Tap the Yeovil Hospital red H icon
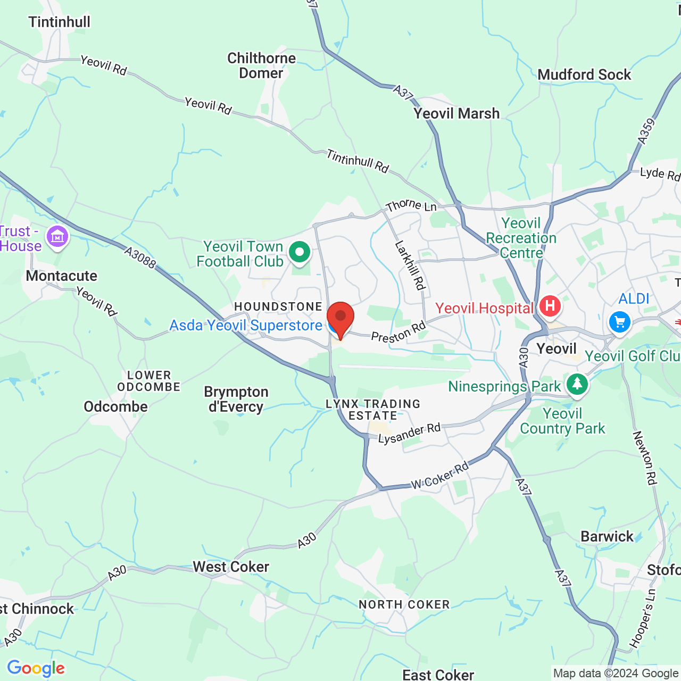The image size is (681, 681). (x=550, y=306)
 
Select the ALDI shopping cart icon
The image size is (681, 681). (x=619, y=321)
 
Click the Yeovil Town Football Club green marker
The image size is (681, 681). (x=299, y=252)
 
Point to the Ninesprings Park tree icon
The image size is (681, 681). (x=577, y=384)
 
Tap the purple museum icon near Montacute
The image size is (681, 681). (x=57, y=236)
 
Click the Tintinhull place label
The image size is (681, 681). (x=60, y=22)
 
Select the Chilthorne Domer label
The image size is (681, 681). (x=261, y=65)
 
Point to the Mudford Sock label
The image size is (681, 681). (x=584, y=74)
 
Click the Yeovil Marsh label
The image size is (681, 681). (x=456, y=113)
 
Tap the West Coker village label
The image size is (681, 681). (x=231, y=567)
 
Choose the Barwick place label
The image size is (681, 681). (x=607, y=536)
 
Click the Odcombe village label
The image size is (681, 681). (x=115, y=406)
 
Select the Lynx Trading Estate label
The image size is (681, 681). (x=373, y=410)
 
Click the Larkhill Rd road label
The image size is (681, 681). (x=411, y=265)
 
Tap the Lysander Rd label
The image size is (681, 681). (x=409, y=433)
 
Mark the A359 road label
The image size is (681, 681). (x=646, y=131)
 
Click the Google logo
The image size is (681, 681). (x=36, y=668)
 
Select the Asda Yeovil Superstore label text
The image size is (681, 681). (x=246, y=325)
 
